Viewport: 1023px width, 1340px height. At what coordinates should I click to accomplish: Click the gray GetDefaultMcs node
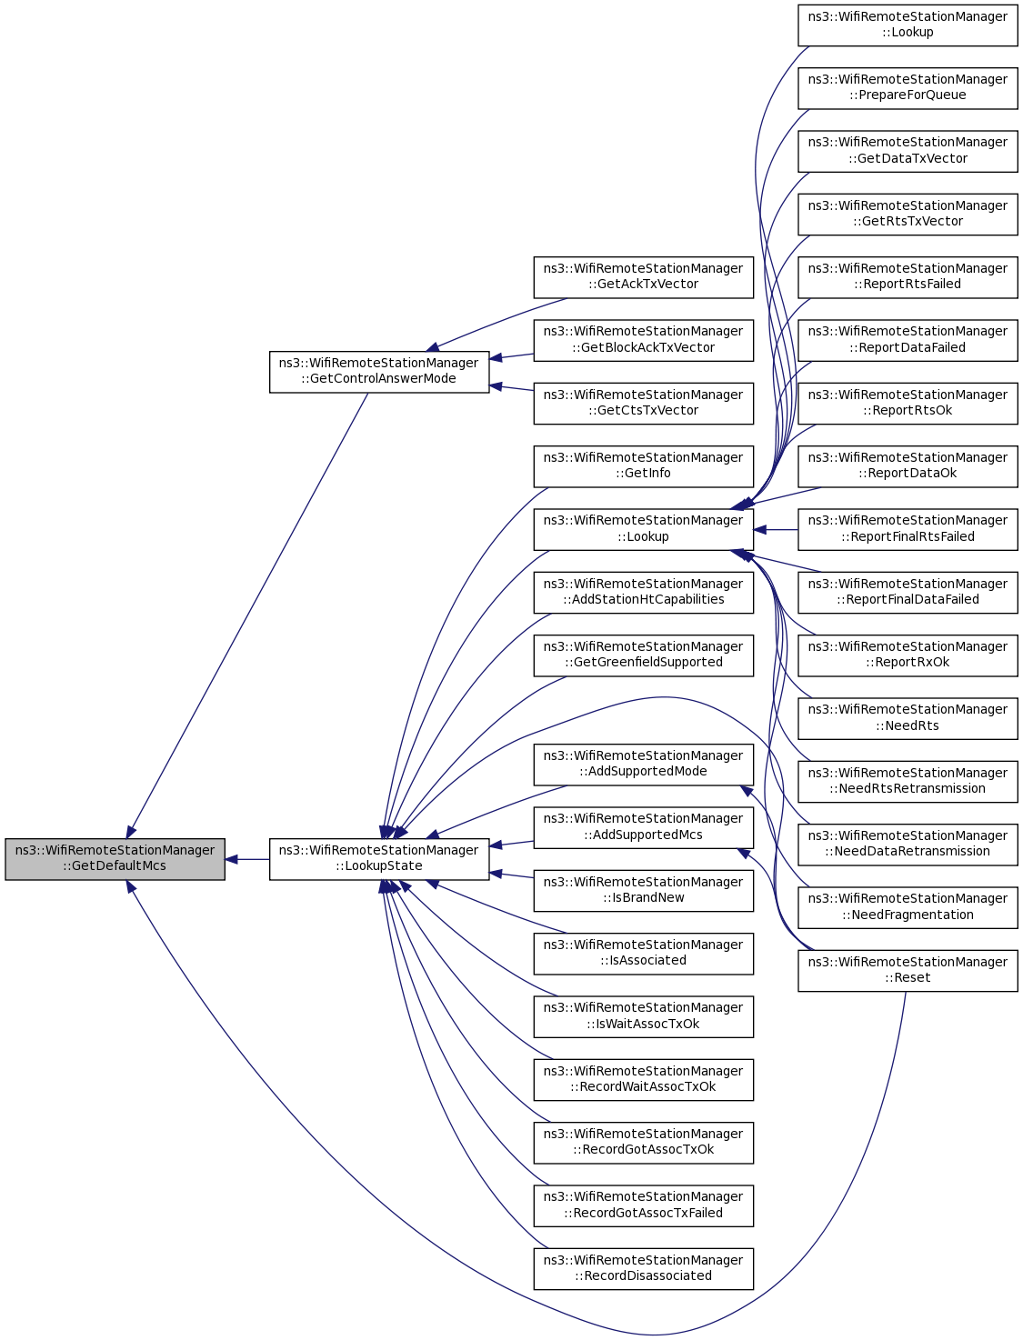(x=115, y=859)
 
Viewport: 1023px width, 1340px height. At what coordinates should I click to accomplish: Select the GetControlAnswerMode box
(x=379, y=372)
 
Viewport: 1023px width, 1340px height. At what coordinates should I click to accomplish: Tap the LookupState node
(x=379, y=859)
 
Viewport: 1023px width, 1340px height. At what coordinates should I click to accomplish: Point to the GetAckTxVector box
(x=643, y=277)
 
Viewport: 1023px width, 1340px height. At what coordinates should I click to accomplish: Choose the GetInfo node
(x=643, y=466)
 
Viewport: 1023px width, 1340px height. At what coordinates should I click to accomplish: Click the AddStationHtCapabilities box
(x=643, y=593)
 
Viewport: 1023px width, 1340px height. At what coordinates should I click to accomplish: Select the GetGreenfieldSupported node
(x=643, y=655)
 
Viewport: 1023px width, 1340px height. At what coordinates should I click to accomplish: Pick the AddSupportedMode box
(x=643, y=765)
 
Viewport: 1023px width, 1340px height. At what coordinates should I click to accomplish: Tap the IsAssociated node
(x=643, y=954)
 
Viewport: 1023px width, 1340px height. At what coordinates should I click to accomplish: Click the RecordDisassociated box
(x=643, y=1269)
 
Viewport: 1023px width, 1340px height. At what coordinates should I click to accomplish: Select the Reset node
(x=908, y=971)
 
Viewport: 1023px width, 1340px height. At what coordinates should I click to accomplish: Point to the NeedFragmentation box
(x=908, y=907)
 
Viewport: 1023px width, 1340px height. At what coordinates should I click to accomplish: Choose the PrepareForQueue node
(x=908, y=88)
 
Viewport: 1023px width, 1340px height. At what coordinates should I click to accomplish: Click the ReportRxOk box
(x=908, y=655)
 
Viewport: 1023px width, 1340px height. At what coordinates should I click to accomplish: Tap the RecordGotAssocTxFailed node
(x=643, y=1205)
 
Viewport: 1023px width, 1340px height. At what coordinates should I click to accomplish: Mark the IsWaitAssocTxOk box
(x=643, y=1016)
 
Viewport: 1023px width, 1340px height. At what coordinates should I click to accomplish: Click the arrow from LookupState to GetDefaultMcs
(x=247, y=859)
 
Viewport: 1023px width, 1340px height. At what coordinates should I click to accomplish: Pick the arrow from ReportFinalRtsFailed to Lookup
(x=776, y=530)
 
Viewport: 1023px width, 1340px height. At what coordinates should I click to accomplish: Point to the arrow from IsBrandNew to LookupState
(x=512, y=875)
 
